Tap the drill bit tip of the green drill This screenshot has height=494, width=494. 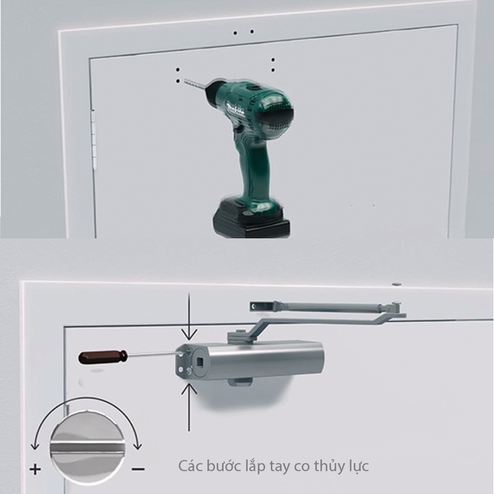coord(185,80)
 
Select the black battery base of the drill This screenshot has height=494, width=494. coord(251,217)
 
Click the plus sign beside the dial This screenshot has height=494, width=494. coord(35,469)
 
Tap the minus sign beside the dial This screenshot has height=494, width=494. coord(138,469)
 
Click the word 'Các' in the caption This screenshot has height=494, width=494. coord(191,466)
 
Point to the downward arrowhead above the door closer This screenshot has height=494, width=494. coord(189,335)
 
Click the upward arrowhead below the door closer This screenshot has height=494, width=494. coord(189,388)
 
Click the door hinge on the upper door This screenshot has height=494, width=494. coord(94,138)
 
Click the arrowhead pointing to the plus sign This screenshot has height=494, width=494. coord(35,445)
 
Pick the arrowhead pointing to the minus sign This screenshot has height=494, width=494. coord(138,445)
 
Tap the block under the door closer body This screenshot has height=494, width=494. coord(240,382)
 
